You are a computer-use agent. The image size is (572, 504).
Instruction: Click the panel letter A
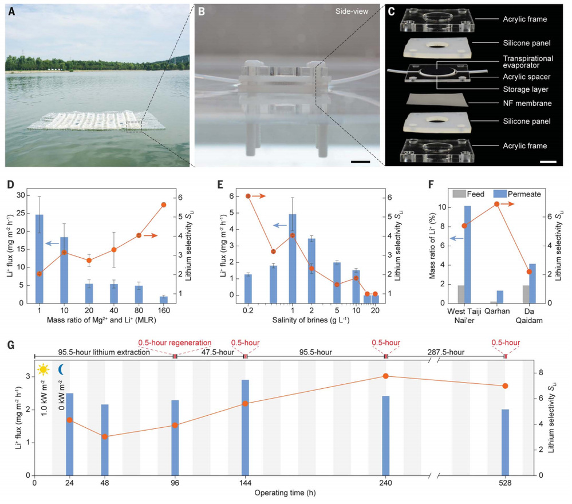pyautogui.click(x=11, y=11)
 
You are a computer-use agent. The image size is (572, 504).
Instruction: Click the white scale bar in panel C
pyautogui.click(x=548, y=162)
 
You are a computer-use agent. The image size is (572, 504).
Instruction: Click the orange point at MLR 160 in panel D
pyautogui.click(x=164, y=204)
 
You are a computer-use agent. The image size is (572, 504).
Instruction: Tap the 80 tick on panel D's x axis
pyautogui.click(x=139, y=310)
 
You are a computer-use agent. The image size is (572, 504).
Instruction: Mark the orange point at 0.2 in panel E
pyautogui.click(x=248, y=196)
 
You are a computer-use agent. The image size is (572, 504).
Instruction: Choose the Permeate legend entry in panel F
pyautogui.click(x=514, y=194)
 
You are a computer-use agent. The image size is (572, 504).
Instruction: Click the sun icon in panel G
pyautogui.click(x=44, y=369)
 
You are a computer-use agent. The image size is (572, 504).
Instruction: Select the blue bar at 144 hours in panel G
pyautogui.click(x=245, y=427)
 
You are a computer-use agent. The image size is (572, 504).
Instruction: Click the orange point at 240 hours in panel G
pyautogui.click(x=386, y=376)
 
